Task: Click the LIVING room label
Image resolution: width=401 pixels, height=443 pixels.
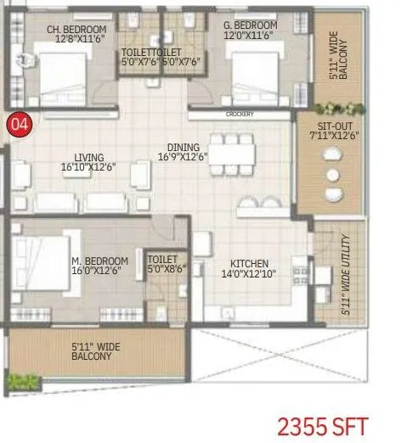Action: [x=89, y=157]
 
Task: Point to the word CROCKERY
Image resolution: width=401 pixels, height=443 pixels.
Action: [x=240, y=113]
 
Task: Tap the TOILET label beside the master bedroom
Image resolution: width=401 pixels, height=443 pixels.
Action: [x=162, y=260]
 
